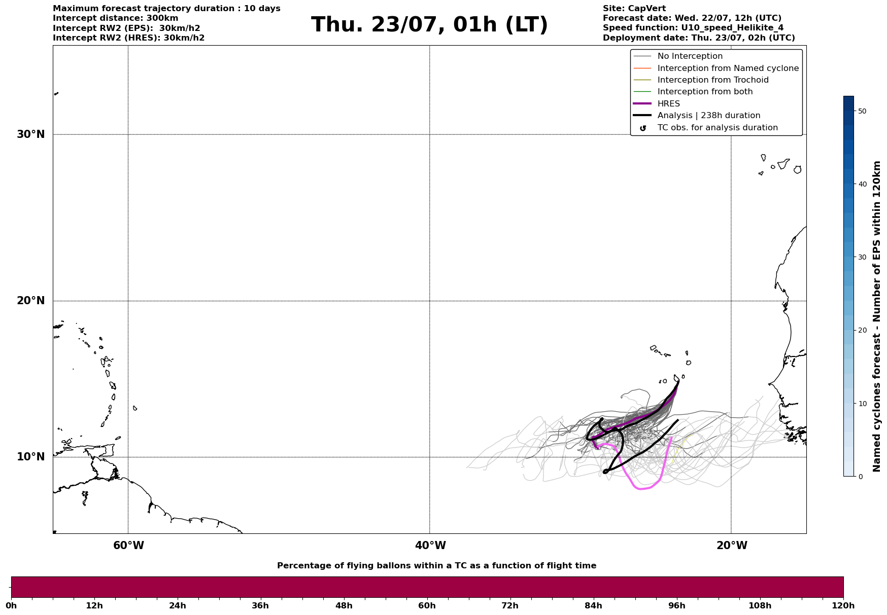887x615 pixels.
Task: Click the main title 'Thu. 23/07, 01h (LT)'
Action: [x=429, y=25]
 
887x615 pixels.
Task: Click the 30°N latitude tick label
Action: [x=30, y=134]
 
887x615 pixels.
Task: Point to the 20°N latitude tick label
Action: [x=30, y=301]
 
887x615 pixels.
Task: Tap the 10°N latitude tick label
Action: [x=30, y=457]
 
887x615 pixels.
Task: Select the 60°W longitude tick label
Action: [x=128, y=546]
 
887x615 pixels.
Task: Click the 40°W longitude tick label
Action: [x=430, y=546]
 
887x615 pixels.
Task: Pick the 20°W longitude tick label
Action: [x=732, y=546]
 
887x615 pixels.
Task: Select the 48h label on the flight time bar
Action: [x=344, y=605]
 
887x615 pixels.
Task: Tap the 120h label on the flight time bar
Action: [x=843, y=605]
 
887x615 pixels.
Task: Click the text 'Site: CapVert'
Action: [x=634, y=9]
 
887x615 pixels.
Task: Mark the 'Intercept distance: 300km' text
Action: [x=116, y=18]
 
